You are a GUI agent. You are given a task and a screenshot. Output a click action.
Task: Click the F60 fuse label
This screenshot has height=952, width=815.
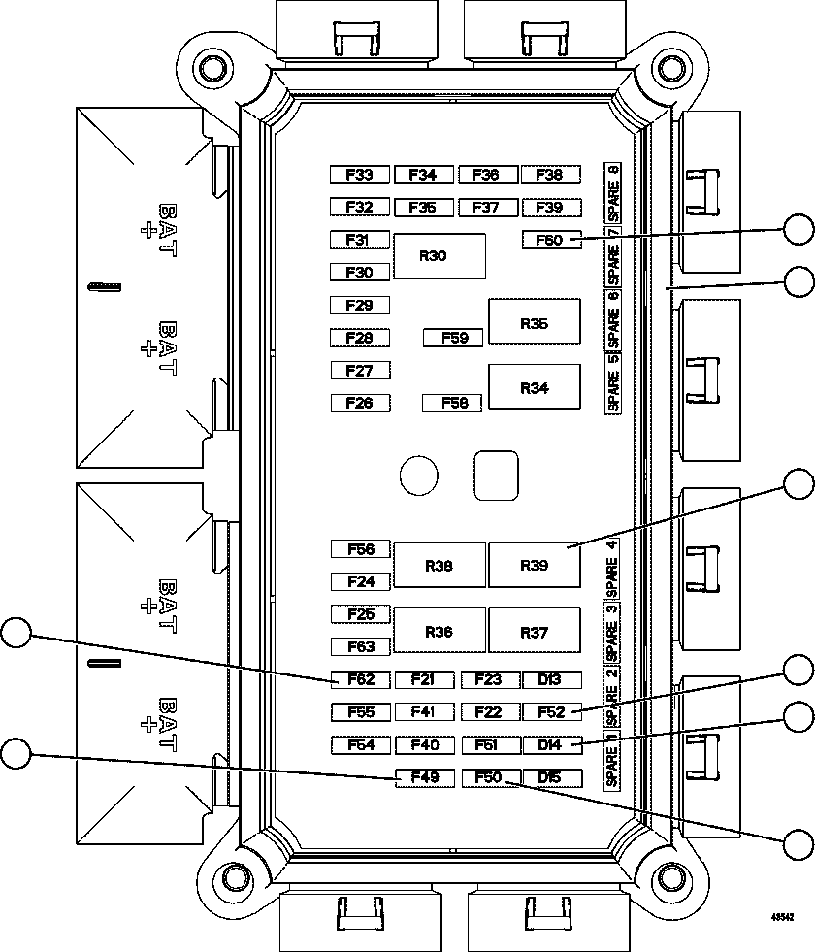551,240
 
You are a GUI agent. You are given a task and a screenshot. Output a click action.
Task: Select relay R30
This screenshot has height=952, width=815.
439,256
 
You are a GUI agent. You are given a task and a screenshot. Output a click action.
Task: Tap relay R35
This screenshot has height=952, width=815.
534,322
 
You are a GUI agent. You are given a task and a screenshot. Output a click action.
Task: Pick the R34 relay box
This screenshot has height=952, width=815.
534,387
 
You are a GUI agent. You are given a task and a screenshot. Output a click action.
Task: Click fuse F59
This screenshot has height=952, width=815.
453,339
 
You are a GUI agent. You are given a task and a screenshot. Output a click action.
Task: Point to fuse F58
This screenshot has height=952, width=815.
453,403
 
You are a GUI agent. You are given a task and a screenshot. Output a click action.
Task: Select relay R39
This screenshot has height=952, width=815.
534,565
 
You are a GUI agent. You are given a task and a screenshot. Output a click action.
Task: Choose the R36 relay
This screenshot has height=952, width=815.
439,631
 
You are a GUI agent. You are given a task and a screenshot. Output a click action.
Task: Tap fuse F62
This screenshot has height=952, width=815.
360,680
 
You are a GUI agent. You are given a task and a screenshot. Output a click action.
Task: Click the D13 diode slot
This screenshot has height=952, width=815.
551,680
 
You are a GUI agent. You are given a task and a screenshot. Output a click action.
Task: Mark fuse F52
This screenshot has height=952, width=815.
551,712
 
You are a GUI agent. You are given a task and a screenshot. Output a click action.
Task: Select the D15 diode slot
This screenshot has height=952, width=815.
551,777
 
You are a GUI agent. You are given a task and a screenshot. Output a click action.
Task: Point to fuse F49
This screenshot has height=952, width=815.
424,777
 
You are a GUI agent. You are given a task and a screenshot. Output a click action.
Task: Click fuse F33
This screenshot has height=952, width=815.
360,175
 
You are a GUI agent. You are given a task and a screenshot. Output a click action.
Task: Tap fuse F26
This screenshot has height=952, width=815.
360,403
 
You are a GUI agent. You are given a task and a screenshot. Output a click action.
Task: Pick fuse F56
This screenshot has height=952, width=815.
360,549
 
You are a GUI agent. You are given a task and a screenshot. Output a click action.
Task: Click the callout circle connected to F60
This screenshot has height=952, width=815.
799,230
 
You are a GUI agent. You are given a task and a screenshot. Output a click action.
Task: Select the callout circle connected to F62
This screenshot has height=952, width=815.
16,633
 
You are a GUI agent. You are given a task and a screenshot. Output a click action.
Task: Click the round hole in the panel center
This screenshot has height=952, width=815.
418,475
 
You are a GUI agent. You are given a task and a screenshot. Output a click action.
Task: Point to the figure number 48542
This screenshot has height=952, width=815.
783,916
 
